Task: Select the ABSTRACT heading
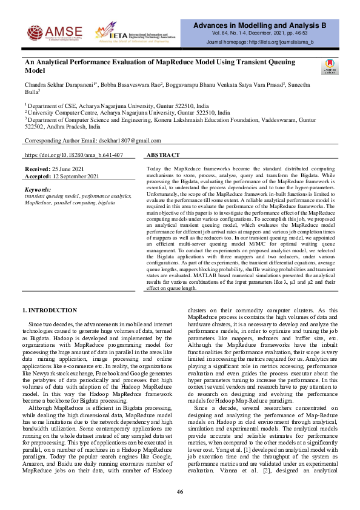pyautogui.click(x=163, y=156)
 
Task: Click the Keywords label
pyautogui.click(x=38, y=190)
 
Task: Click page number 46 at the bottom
pyautogui.click(x=180, y=491)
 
